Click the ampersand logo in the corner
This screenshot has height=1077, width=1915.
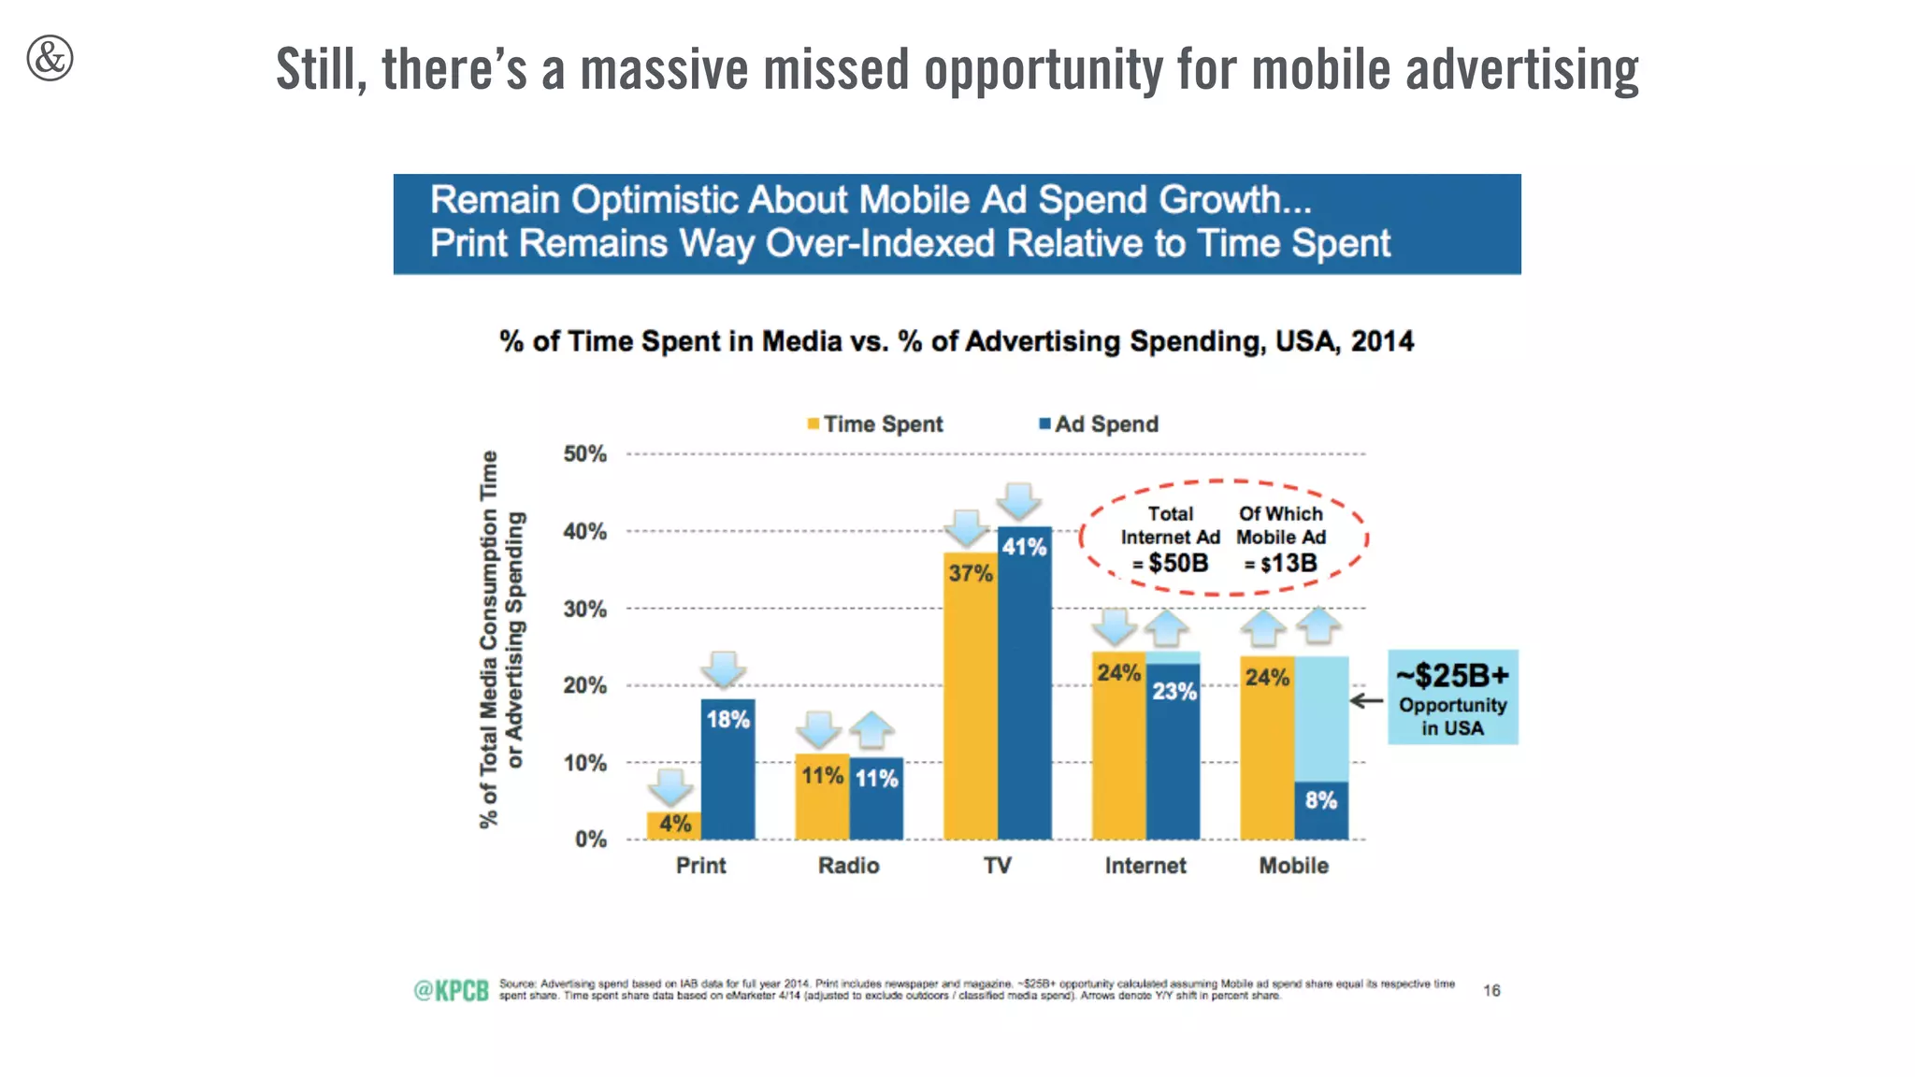(x=50, y=58)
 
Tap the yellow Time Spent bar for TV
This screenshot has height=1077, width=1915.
(x=970, y=711)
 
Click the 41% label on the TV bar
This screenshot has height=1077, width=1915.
(x=1024, y=547)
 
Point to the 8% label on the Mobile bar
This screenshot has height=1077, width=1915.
(x=1320, y=800)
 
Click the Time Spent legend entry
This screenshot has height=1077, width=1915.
(x=875, y=424)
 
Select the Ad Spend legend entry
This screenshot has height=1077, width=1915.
(x=1100, y=424)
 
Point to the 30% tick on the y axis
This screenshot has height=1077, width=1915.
(x=584, y=610)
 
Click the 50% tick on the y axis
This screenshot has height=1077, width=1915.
(x=584, y=454)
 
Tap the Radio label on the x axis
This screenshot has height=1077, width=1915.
(x=848, y=866)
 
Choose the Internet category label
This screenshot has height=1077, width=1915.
(x=1145, y=866)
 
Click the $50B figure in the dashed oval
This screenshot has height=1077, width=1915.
(x=1177, y=564)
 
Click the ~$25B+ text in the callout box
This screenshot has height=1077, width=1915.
(x=1452, y=675)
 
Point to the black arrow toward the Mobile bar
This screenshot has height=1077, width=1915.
(x=1367, y=700)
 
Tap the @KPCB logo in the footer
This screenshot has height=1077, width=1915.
(x=452, y=991)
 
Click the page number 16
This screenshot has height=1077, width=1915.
(x=1491, y=990)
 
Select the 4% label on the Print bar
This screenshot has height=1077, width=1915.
(x=675, y=824)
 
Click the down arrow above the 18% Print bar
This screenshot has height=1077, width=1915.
(x=724, y=670)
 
